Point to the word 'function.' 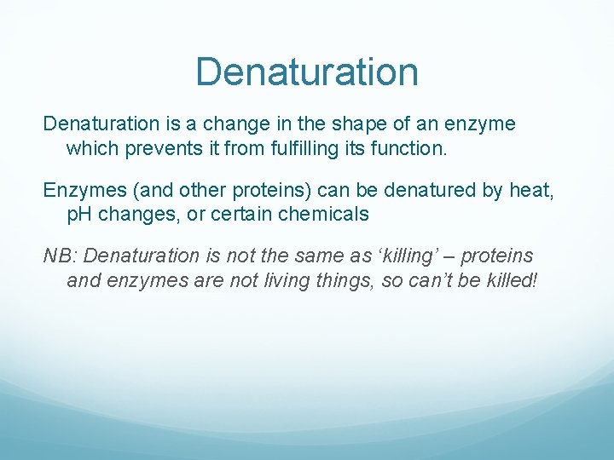tap(399, 148)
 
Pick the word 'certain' tap(244, 215)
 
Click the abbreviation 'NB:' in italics tap(61, 256)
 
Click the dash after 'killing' tap(460, 256)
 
